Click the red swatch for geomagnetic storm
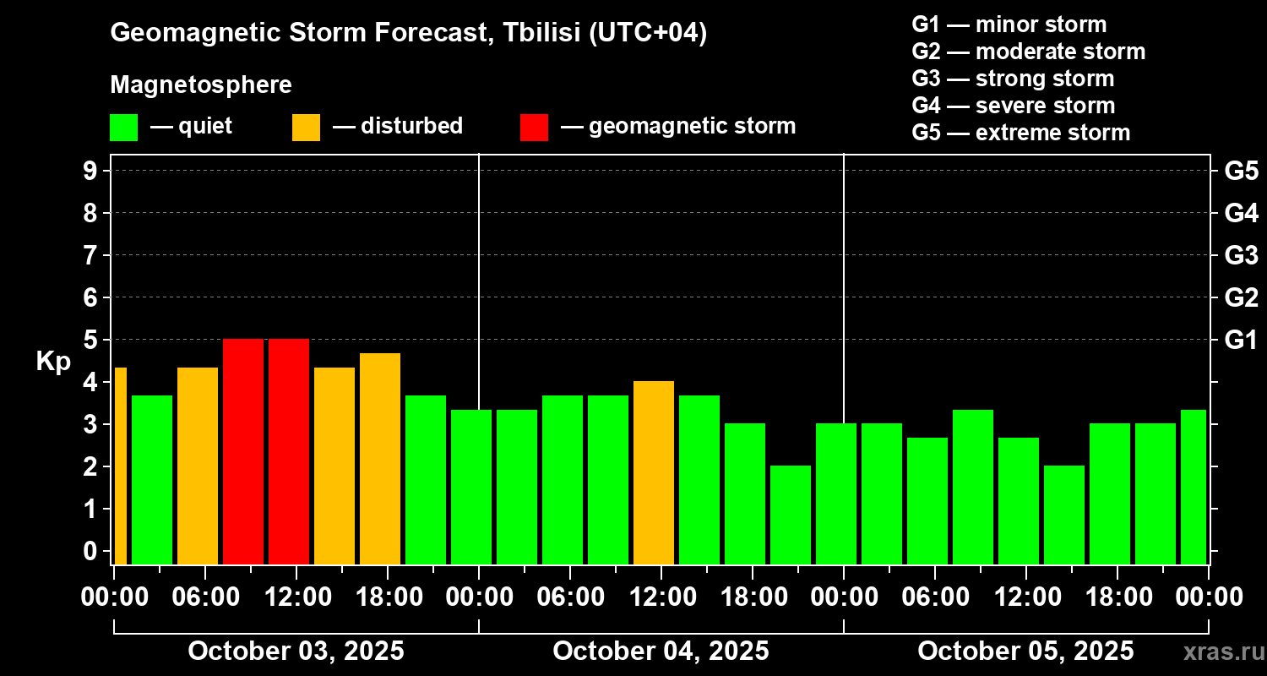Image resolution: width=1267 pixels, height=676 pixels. coord(534,128)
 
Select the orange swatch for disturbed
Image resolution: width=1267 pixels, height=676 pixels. coord(306,128)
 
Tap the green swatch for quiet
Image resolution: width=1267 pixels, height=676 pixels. coord(123,128)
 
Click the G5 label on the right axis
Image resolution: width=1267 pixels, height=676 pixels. coord(1241,171)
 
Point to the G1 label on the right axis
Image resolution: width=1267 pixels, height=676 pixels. coord(1241,340)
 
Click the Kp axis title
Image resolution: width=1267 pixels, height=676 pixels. coord(53,362)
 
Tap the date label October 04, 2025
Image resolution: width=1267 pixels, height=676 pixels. coord(661,651)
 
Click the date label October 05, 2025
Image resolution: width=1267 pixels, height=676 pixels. coord(1025,651)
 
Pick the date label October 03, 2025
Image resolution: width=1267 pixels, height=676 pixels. coord(296,651)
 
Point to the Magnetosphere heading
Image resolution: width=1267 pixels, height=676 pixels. coord(201,85)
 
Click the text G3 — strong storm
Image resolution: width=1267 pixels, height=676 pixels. coord(1013,79)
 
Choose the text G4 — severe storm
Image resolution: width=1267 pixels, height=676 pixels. coord(1013,106)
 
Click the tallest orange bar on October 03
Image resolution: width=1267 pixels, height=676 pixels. coord(380,458)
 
